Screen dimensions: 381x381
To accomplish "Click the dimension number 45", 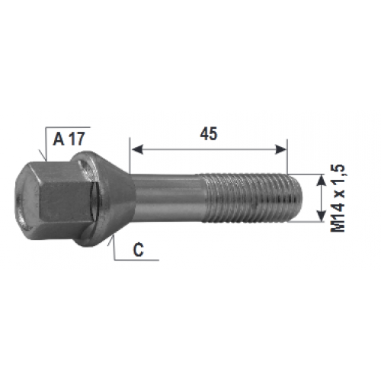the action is coord(209,134).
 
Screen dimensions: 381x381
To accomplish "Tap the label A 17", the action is coord(69,139).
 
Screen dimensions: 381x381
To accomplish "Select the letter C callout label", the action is coord(139,249).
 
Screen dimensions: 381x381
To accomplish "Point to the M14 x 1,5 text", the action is coord(338,198).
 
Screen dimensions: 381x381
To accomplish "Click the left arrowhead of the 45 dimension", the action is coord(137,149).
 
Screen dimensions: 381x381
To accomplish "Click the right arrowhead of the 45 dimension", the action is coord(281,149).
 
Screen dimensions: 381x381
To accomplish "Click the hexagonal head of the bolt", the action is coord(55,198).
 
